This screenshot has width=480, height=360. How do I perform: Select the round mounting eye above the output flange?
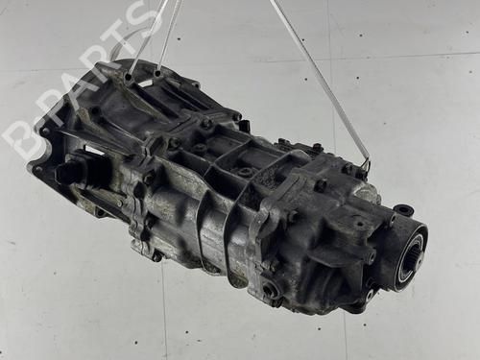click(x=404, y=209)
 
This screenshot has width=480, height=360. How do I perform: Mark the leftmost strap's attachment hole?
click(x=128, y=76)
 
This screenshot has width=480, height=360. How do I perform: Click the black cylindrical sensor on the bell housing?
click(x=70, y=174)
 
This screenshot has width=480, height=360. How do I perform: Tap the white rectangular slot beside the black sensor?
click(x=93, y=154)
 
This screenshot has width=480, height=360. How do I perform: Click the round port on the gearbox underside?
click(x=272, y=288)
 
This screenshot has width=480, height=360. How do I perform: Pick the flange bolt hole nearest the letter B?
click(x=38, y=170)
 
